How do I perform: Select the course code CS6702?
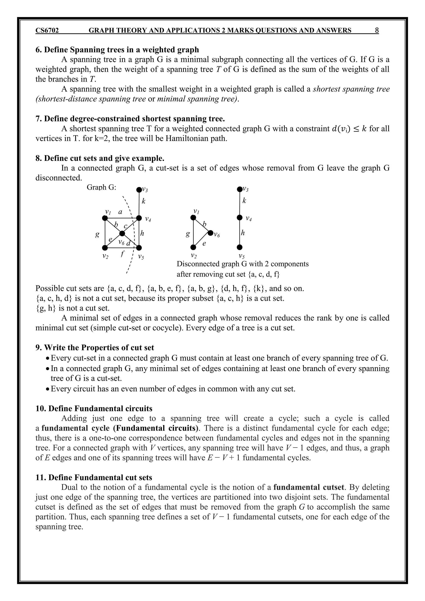(x=47, y=31)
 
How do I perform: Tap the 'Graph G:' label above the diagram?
(x=101, y=187)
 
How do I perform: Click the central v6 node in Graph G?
(x=122, y=233)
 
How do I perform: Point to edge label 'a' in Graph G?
(x=120, y=212)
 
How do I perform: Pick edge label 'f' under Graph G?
(x=122, y=253)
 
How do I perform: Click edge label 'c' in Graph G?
(x=126, y=226)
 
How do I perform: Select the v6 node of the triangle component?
(x=211, y=232)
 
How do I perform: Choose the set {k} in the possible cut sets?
(x=259, y=288)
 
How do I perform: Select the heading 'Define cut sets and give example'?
(x=100, y=158)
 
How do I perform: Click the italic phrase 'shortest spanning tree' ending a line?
(x=351, y=89)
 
